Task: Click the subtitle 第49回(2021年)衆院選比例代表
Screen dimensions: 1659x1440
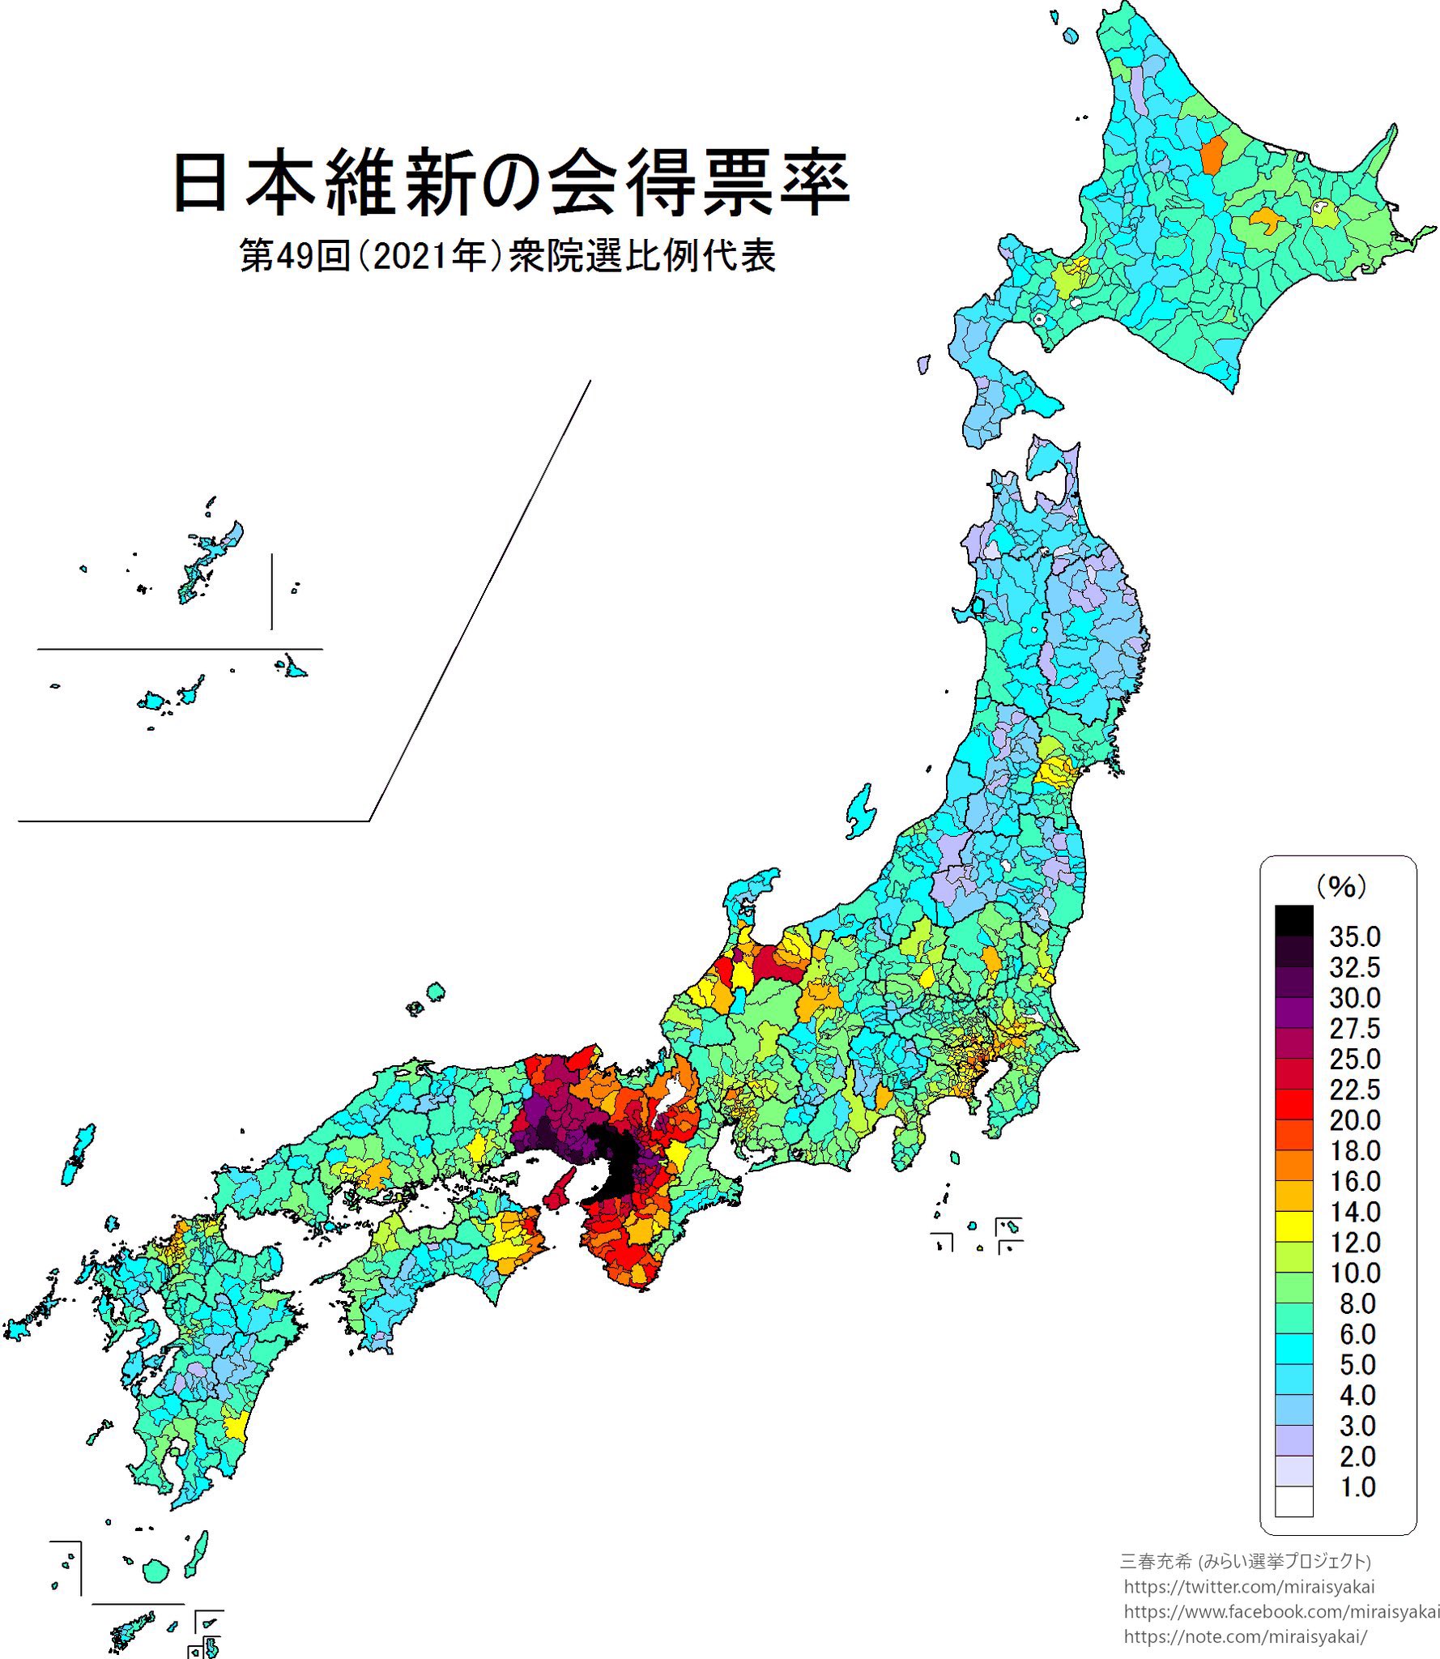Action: click(x=508, y=256)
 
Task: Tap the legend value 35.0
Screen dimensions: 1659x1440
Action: click(x=1354, y=937)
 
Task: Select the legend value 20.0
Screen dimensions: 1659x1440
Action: click(x=1354, y=1120)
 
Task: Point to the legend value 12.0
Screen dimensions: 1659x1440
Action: click(x=1354, y=1243)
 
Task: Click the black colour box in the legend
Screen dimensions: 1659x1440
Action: click(x=1293, y=920)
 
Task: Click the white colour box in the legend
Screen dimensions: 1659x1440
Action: click(x=1293, y=1501)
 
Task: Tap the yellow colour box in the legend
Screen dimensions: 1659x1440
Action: click(x=1293, y=1226)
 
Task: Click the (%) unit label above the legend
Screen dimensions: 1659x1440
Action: click(x=1340, y=885)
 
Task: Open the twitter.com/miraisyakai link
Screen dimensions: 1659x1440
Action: click(x=1249, y=1587)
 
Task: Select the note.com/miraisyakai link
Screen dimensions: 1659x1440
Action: click(x=1245, y=1636)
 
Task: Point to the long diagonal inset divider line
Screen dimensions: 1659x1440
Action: click(x=478, y=599)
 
